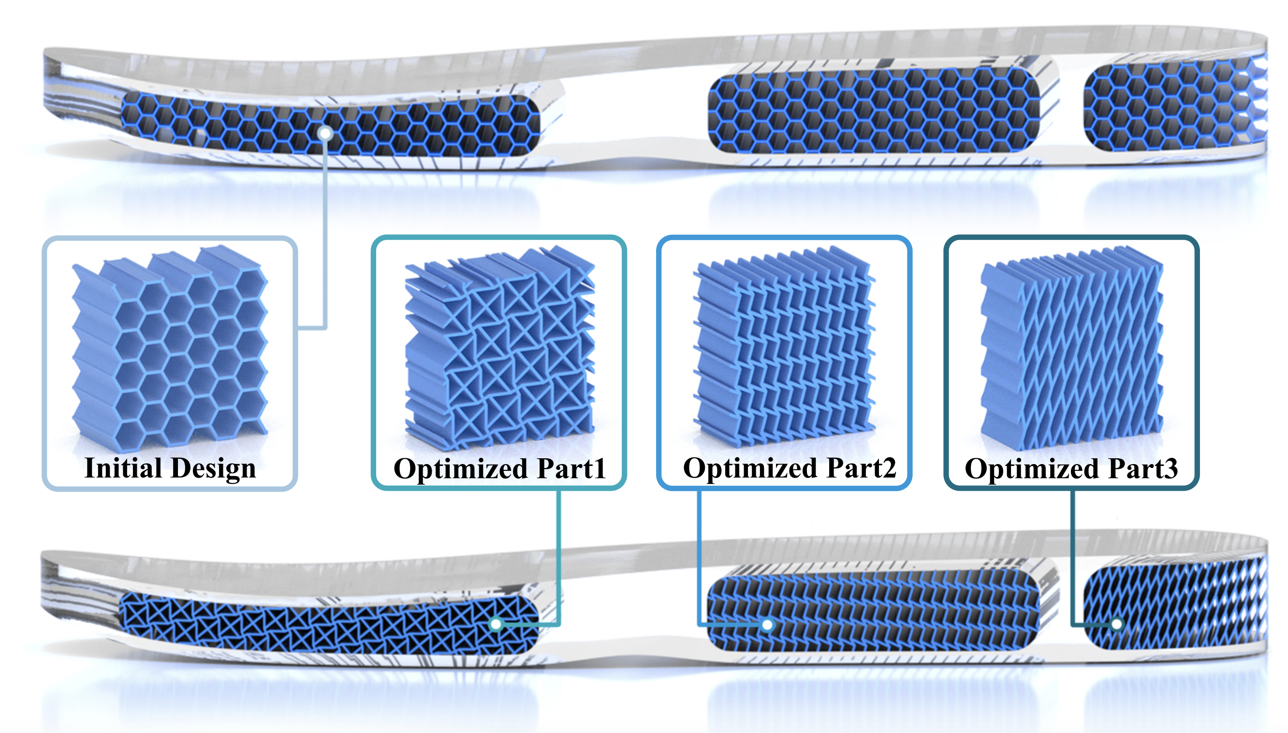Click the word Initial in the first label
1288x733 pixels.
coord(123,468)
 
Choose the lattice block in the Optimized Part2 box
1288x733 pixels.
coord(784,347)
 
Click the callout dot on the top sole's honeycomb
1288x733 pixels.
coord(326,133)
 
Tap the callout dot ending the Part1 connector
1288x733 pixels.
coord(496,624)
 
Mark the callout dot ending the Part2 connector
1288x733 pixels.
coord(767,625)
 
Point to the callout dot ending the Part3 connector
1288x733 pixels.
coord(1117,624)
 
